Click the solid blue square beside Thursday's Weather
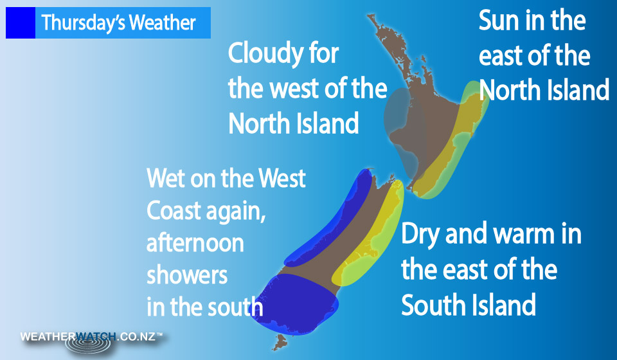(x=21, y=22)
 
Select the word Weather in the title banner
(x=162, y=22)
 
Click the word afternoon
(x=195, y=243)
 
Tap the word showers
(x=187, y=275)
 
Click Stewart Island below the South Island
(x=280, y=342)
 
